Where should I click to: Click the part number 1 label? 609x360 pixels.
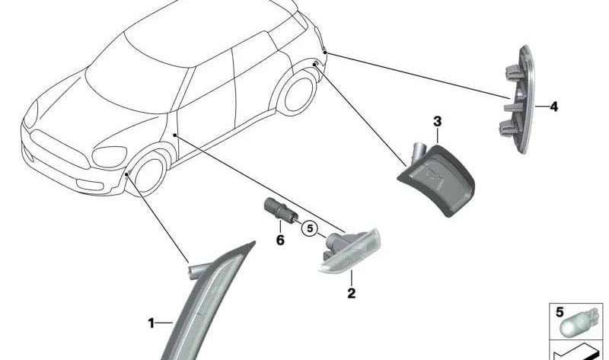(x=151, y=323)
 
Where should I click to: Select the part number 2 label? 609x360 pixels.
(x=351, y=293)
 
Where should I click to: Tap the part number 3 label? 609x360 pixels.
(x=437, y=122)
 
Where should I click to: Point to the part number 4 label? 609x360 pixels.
(x=554, y=107)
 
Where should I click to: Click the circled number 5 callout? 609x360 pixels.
(x=310, y=228)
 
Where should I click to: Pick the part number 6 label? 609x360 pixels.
(x=280, y=240)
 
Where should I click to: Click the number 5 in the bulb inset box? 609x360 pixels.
(x=560, y=312)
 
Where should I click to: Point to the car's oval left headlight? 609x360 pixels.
(x=110, y=157)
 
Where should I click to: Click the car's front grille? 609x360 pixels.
(x=59, y=148)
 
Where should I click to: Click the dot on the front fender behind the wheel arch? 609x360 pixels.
(x=175, y=135)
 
